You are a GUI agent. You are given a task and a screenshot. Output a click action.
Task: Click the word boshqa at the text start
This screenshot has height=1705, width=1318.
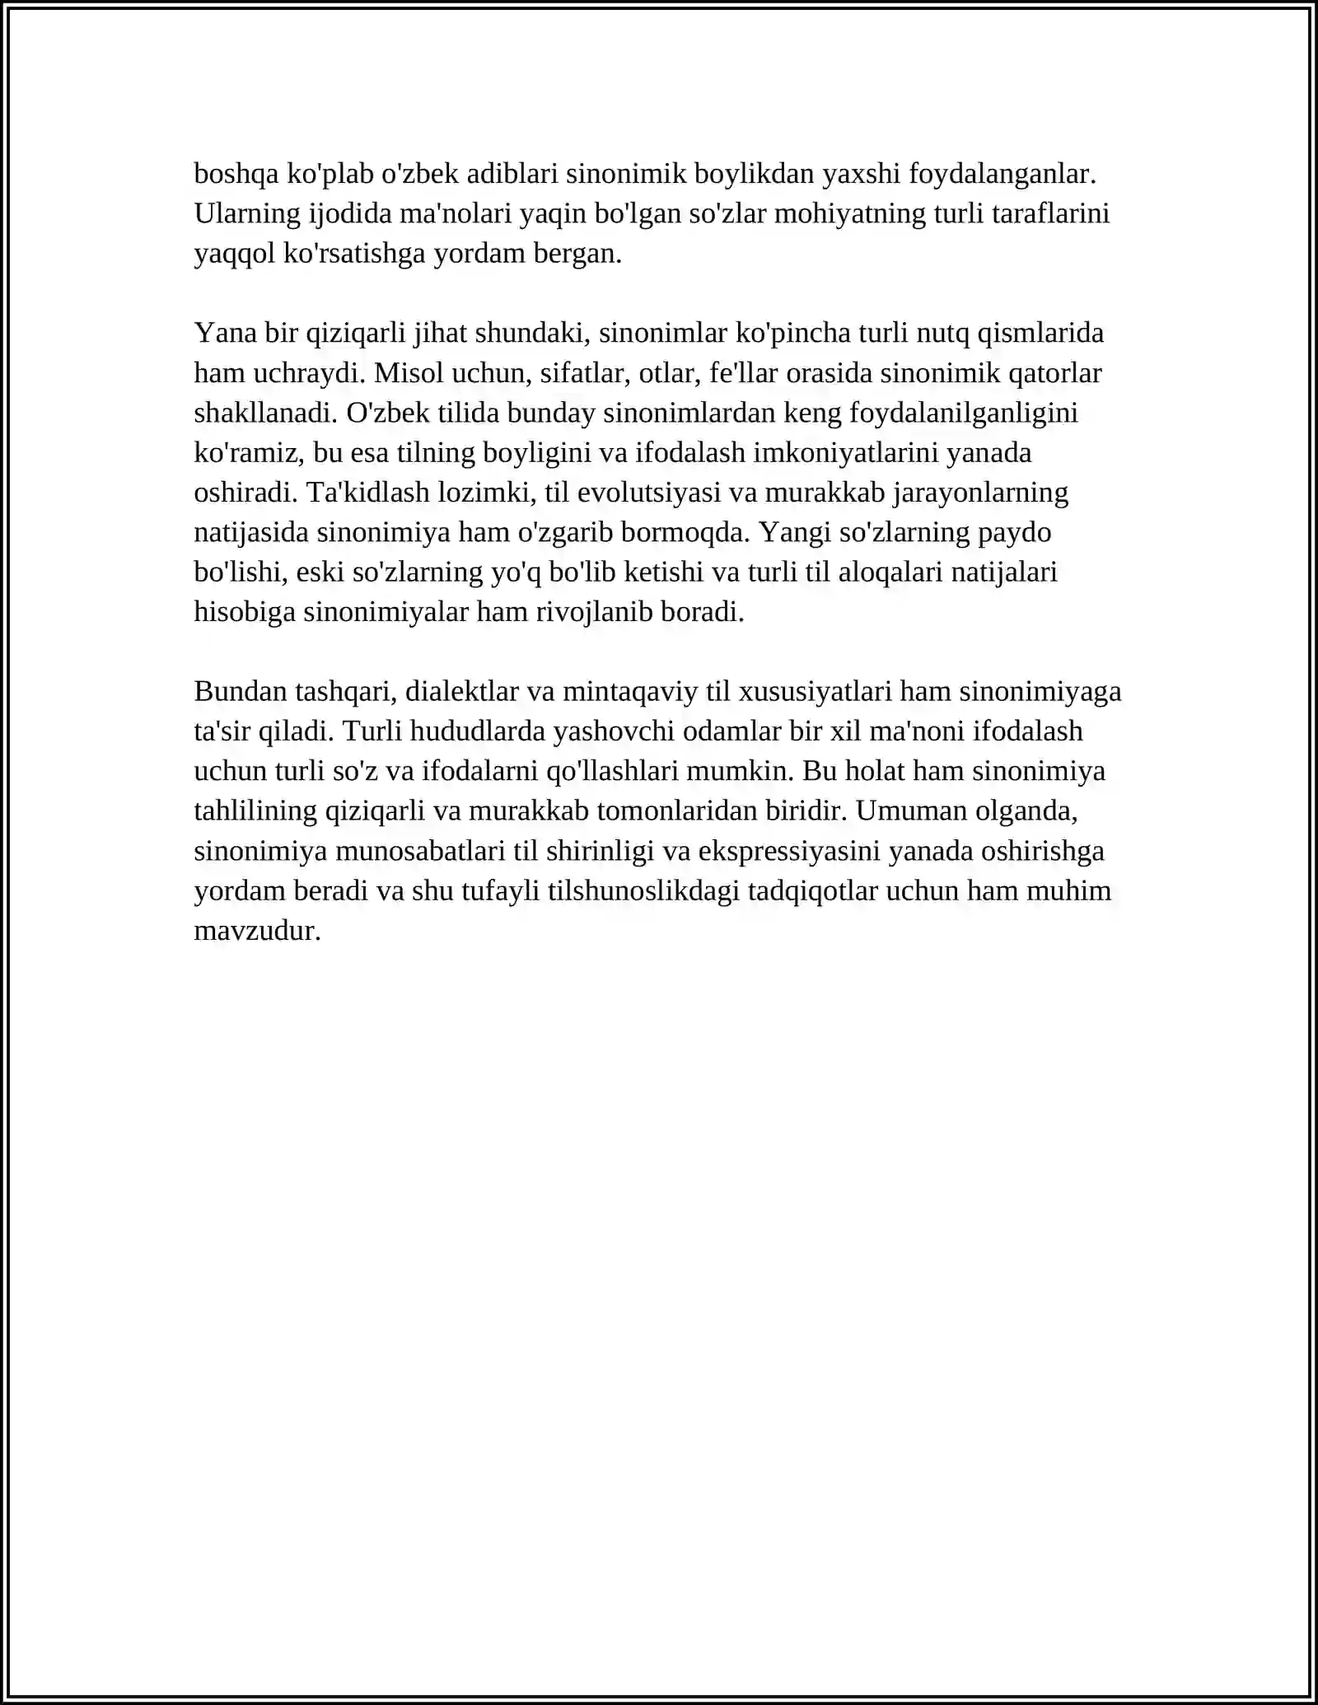tap(236, 175)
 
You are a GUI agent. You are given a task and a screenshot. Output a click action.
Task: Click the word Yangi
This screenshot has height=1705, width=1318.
tap(795, 533)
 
